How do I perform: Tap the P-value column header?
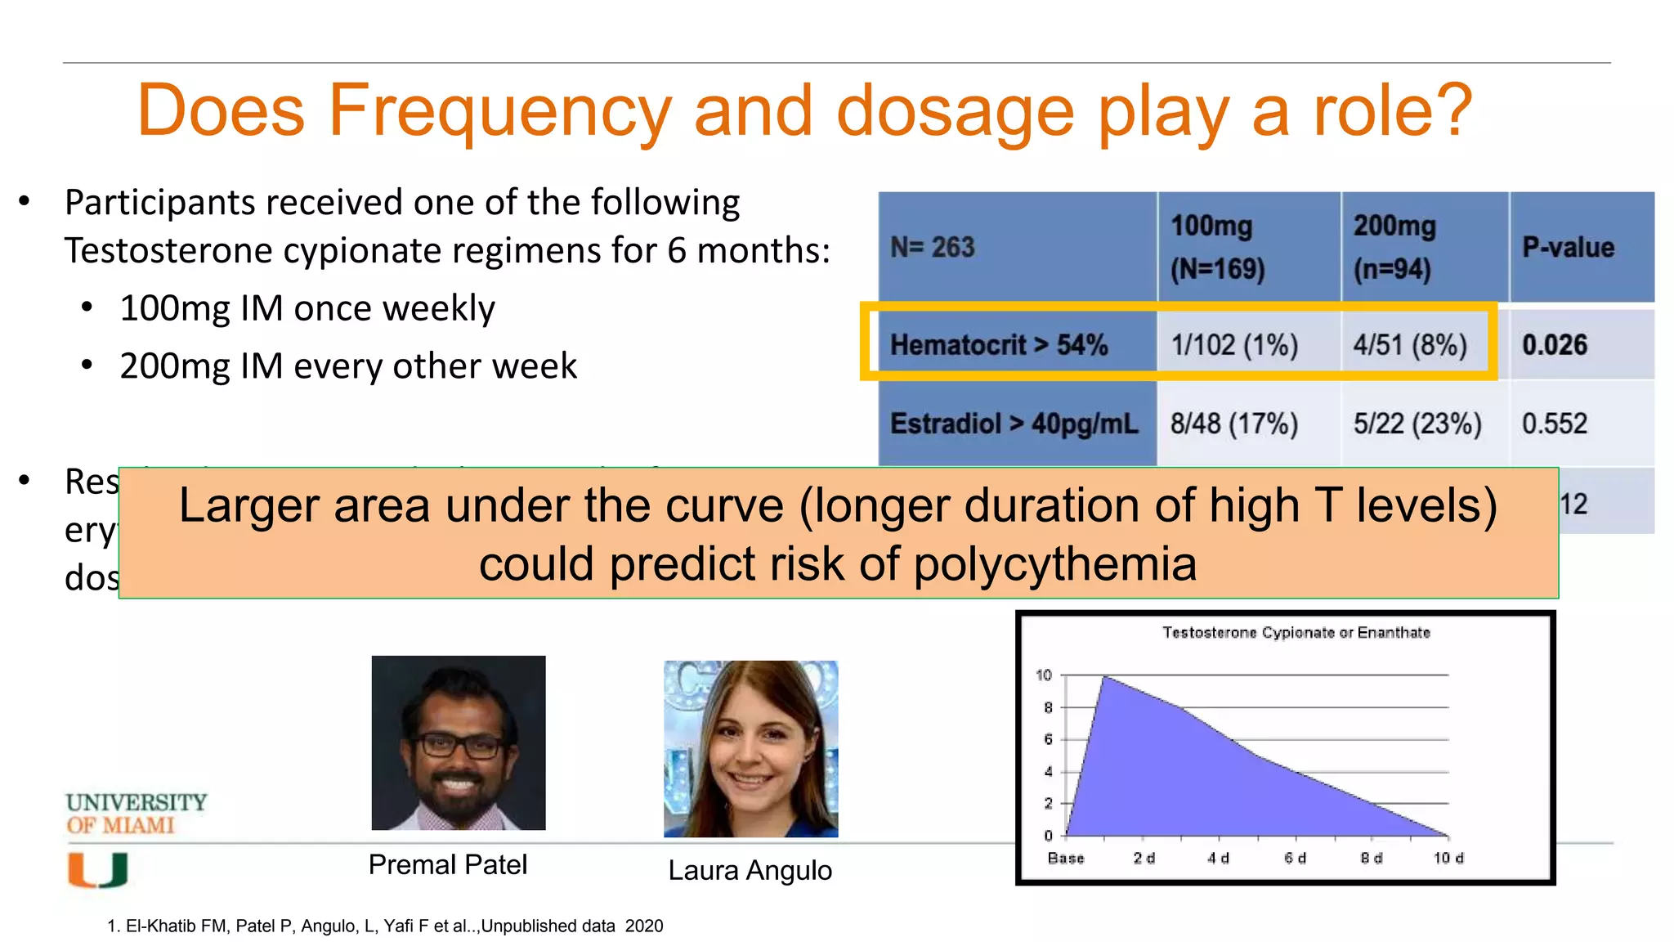pyautogui.click(x=1568, y=247)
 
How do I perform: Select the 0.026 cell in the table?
pyautogui.click(x=1554, y=345)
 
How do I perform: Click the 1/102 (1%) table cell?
pyautogui.click(x=1234, y=345)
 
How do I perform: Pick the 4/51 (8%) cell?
pyautogui.click(x=1410, y=345)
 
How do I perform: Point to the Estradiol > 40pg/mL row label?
pyautogui.click(x=1014, y=424)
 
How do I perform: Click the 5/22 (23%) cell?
pyautogui.click(x=1417, y=424)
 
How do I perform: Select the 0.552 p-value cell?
pyautogui.click(x=1554, y=424)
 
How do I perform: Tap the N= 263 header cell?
pyautogui.click(x=933, y=247)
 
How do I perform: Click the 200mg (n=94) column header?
pyautogui.click(x=1394, y=247)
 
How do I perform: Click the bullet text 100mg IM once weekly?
pyautogui.click(x=307, y=308)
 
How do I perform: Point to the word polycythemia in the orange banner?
pyautogui.click(x=1054, y=564)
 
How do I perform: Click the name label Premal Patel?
pyautogui.click(x=447, y=864)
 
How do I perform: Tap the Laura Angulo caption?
pyautogui.click(x=750, y=870)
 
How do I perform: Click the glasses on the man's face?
pyautogui.click(x=459, y=745)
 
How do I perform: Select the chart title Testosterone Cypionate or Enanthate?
pyautogui.click(x=1296, y=632)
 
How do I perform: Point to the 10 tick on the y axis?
pyautogui.click(x=1043, y=675)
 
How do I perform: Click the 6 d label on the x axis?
pyautogui.click(x=1295, y=858)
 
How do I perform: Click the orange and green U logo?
pyautogui.click(x=97, y=870)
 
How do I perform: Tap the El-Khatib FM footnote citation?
pyautogui.click(x=384, y=926)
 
